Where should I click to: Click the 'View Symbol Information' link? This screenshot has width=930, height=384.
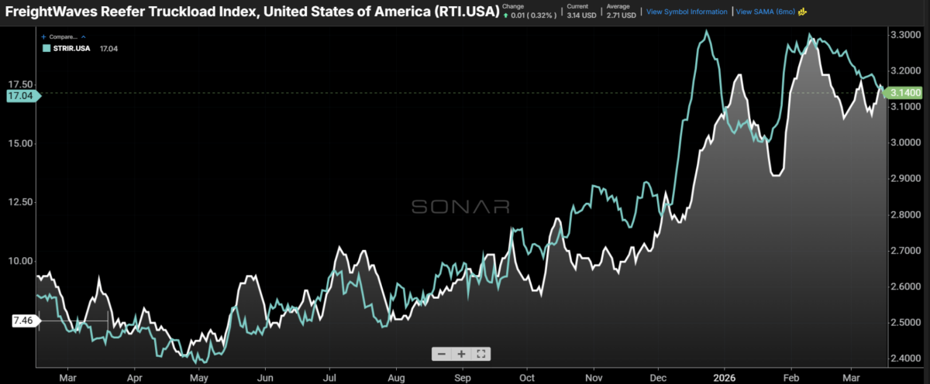[687, 12]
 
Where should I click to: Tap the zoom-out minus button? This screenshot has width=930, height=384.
[441, 354]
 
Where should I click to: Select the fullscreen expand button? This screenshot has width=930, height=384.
[481, 354]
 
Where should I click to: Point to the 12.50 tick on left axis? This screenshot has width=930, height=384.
[20, 202]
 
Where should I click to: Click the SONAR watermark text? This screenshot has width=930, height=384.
[460, 207]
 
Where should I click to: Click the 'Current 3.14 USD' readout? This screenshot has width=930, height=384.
[582, 10]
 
